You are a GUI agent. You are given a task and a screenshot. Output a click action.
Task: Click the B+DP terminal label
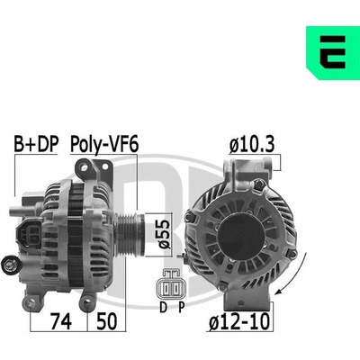pyautogui.click(x=36, y=144)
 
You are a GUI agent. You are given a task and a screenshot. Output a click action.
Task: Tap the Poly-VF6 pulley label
pyautogui.click(x=104, y=145)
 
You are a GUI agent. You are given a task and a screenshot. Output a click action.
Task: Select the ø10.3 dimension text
pyautogui.click(x=252, y=145)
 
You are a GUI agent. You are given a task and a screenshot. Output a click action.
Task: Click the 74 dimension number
pyautogui.click(x=61, y=321)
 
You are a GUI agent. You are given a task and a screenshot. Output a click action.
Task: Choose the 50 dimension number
pyautogui.click(x=106, y=321)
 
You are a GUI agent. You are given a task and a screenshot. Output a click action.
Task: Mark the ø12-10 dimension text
pyautogui.click(x=239, y=321)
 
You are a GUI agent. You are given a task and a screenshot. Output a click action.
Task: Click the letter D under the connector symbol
pyautogui.click(x=163, y=307)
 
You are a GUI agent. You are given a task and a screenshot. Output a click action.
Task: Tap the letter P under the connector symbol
pyautogui.click(x=181, y=307)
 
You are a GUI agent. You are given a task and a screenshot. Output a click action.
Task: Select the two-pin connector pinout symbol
pyautogui.click(x=169, y=284)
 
